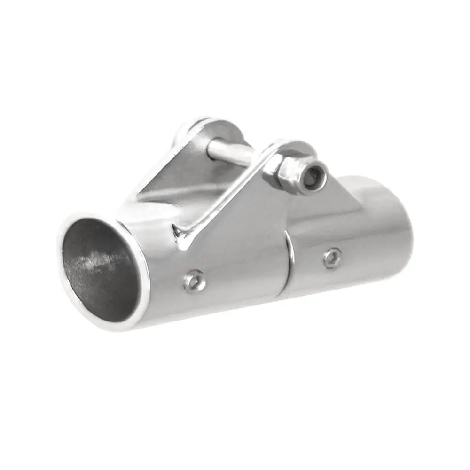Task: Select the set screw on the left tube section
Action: [194, 281]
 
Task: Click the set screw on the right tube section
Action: [332, 258]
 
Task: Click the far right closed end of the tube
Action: [399, 221]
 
